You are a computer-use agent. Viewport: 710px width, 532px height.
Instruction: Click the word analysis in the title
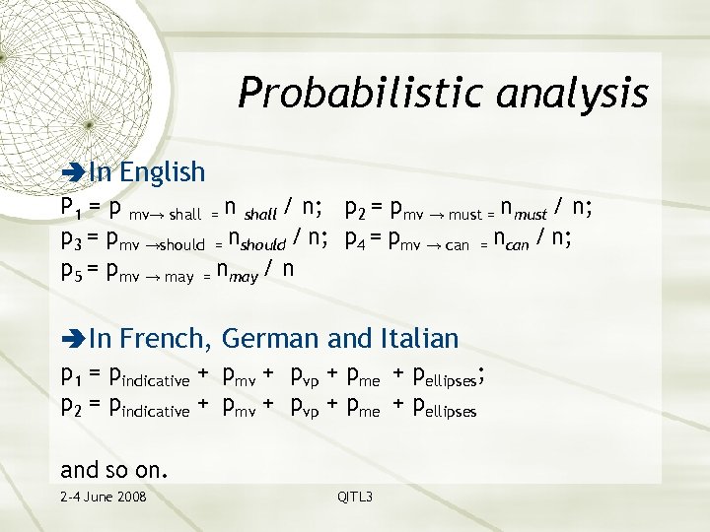click(x=573, y=94)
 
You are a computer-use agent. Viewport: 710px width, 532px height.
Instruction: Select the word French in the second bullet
click(x=165, y=339)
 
